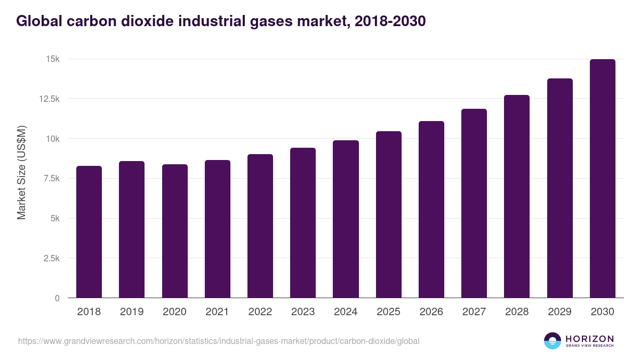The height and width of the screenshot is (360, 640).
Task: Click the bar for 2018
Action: click(89, 232)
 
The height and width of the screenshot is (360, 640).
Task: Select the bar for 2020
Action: click(175, 231)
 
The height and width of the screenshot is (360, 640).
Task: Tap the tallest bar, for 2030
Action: click(603, 179)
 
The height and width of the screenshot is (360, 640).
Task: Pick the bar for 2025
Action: click(389, 214)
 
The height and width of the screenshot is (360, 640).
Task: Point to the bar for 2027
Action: click(474, 203)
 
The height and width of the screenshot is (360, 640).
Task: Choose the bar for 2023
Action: click(303, 223)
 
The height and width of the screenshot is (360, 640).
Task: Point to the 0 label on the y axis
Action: click(57, 298)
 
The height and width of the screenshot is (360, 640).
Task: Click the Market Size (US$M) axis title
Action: click(21, 172)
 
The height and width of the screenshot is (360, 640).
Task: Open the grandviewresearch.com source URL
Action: click(219, 341)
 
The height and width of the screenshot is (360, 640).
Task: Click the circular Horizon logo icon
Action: click(553, 341)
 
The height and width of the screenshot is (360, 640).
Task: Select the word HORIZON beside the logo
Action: click(590, 339)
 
